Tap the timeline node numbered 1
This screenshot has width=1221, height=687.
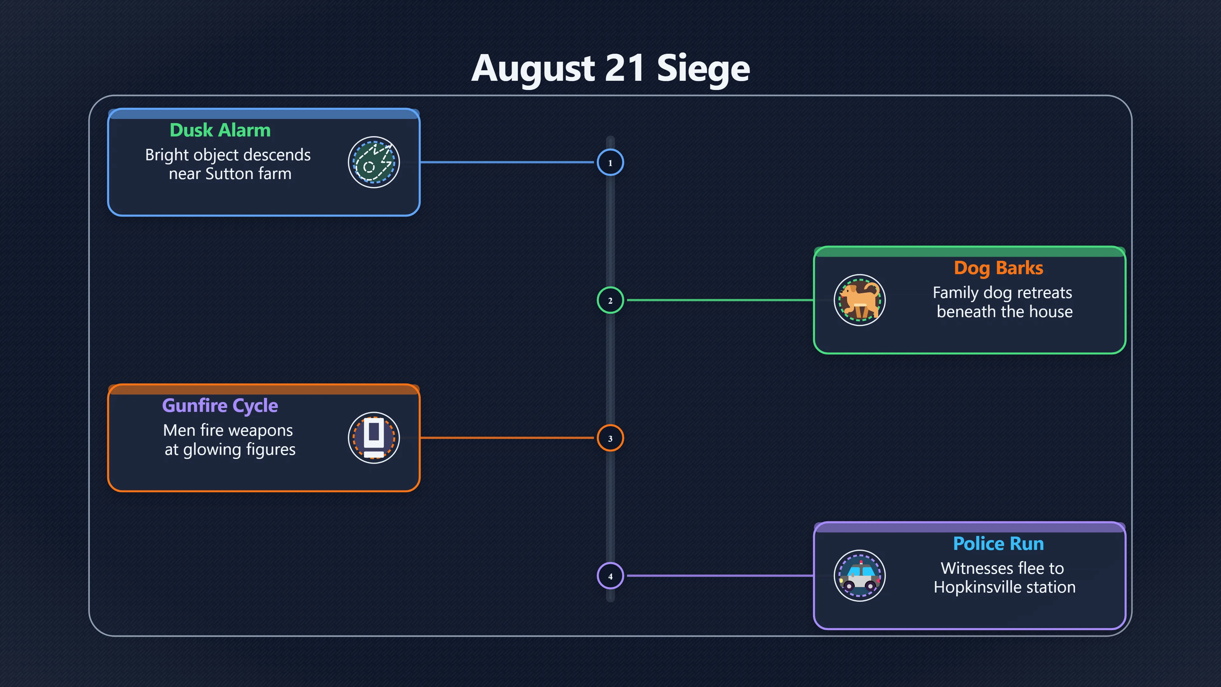(610, 163)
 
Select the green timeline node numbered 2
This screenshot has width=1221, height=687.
(610, 300)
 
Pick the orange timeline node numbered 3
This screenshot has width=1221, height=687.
(610, 438)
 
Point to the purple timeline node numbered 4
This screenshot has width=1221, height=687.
(610, 576)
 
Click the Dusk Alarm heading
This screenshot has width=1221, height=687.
(220, 130)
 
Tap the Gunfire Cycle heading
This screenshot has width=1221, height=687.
(220, 406)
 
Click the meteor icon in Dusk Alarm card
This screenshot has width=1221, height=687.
(374, 163)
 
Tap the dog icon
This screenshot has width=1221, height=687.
(859, 300)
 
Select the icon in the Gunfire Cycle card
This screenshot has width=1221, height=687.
(374, 438)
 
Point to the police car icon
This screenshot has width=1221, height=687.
(859, 576)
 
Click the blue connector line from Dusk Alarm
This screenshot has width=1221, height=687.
(507, 162)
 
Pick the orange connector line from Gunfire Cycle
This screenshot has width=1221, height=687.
(507, 438)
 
